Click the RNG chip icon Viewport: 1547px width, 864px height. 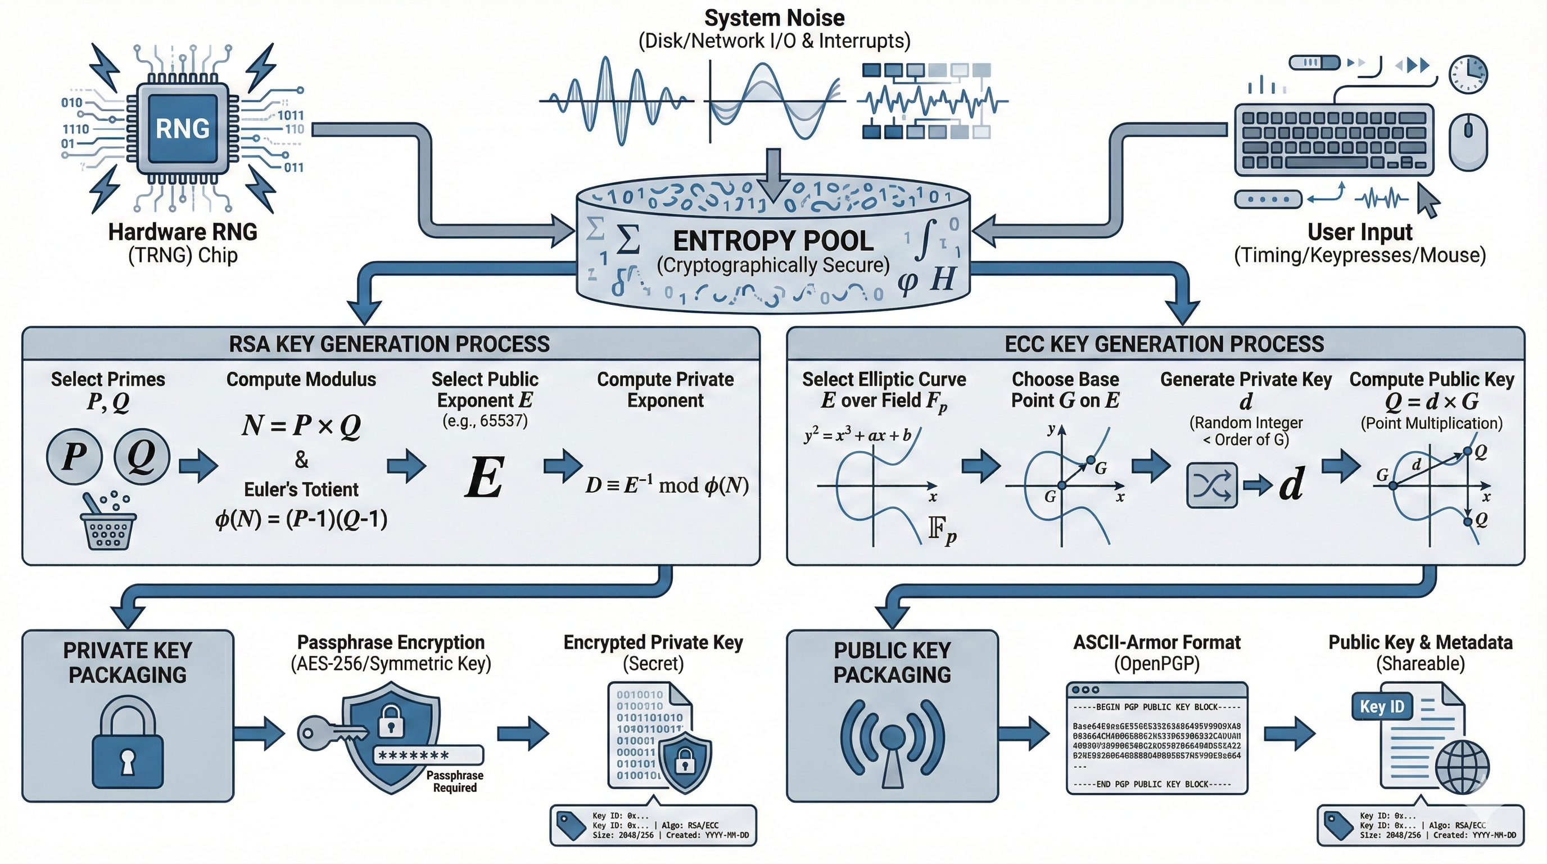183,129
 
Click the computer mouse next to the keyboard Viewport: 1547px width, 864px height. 1468,142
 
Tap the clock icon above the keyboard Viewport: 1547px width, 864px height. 1468,74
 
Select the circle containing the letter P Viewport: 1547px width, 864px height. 74,457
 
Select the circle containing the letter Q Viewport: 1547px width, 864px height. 142,457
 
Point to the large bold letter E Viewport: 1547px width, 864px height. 484,478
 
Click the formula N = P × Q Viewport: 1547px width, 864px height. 301,425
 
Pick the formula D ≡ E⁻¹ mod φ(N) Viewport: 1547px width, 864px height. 667,485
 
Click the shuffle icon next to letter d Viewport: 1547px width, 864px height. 1212,485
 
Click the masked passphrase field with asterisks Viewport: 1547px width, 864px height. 428,755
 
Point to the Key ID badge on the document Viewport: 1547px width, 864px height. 1381,706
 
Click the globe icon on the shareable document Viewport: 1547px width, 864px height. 1462,768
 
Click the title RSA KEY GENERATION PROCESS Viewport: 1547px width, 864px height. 389,344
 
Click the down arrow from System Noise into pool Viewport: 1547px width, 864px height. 773,174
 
